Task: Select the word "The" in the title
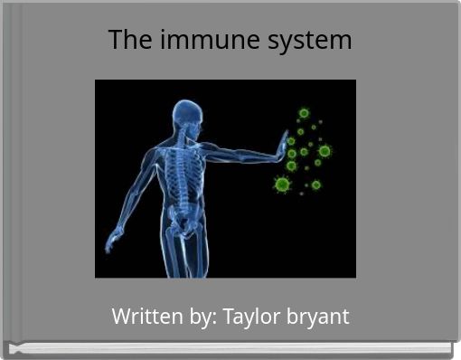pyautogui.click(x=126, y=41)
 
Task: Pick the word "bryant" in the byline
pyautogui.click(x=318, y=318)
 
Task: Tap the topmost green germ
pyautogui.click(x=304, y=113)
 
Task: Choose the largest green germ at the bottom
pyautogui.click(x=282, y=185)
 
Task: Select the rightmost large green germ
pyautogui.click(x=325, y=151)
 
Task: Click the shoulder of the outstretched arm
pyautogui.click(x=203, y=145)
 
